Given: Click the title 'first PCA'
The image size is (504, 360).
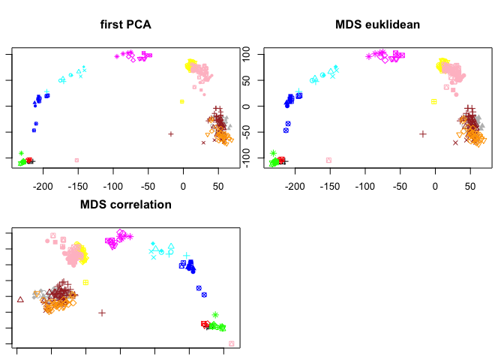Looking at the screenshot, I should click(x=126, y=25).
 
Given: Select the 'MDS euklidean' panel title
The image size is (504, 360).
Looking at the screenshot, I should click(x=377, y=25).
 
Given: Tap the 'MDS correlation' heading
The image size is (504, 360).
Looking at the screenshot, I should click(x=126, y=204).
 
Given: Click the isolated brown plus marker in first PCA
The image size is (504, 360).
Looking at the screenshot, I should click(x=171, y=134).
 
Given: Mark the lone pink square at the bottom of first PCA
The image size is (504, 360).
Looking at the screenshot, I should click(x=77, y=160).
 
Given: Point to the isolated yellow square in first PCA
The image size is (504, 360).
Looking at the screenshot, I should click(x=181, y=101).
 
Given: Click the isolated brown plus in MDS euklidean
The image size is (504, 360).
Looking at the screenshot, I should click(x=423, y=134).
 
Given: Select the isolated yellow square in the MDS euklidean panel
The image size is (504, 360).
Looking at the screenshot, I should click(x=433, y=101).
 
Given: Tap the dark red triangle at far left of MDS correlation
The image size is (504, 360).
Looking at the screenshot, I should click(x=20, y=299).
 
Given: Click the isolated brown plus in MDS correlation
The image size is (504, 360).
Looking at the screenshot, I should click(x=102, y=312).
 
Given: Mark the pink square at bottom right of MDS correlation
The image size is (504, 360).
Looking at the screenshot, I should click(x=231, y=343).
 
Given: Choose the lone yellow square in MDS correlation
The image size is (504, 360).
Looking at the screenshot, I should click(x=86, y=282).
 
